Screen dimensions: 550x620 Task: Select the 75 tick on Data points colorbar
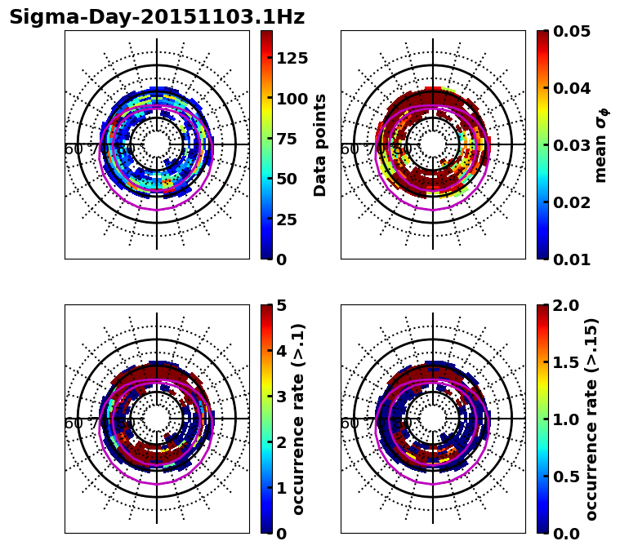286,139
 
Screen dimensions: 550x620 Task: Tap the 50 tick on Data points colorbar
286,179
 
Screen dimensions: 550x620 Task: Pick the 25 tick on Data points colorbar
286,219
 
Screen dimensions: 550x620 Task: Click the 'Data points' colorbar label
320,144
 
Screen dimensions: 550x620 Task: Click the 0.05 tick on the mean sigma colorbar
572,31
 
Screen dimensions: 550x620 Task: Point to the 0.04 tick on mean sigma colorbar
572,88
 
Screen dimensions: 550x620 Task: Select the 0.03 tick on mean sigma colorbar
572,145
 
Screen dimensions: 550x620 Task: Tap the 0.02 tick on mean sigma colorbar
572,202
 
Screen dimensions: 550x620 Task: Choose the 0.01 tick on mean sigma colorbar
572,259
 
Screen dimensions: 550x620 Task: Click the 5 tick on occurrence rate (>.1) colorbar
282,305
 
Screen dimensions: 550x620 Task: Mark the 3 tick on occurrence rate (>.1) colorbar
282,397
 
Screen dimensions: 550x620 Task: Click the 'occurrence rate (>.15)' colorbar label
591,419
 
